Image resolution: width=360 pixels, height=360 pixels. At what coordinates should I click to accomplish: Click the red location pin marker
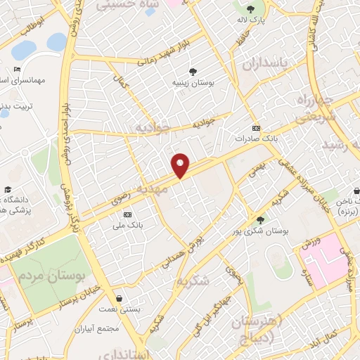click(181, 165)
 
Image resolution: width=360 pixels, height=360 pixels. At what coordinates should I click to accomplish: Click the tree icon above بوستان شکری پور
click(261, 220)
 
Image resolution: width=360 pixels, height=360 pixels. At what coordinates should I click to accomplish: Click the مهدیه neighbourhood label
click(153, 190)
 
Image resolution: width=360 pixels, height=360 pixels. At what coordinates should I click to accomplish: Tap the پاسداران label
click(266, 65)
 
